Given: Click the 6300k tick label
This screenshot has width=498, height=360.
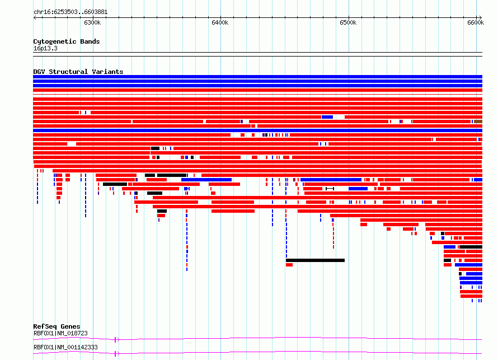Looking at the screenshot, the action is coord(92,22).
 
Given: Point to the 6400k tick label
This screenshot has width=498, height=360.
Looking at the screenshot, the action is coord(220,22).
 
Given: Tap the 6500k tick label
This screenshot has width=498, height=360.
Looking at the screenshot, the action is coord(348,22).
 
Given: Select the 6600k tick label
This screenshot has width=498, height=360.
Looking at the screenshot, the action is coord(476,22).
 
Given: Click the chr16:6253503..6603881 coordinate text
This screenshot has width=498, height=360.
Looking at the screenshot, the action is coord(71,12).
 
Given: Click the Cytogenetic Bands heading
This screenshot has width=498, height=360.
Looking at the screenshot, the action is coord(67,41).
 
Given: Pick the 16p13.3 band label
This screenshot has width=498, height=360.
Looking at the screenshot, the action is coord(45,48).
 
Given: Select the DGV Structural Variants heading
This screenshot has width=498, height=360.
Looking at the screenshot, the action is coord(78,72).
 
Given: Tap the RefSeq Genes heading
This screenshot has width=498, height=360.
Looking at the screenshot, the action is coord(57,326).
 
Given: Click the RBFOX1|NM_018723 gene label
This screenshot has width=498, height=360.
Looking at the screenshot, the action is coord(60,333).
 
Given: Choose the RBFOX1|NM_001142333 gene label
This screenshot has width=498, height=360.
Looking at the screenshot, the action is coord(65,347).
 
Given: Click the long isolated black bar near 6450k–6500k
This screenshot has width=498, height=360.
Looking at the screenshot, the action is coord(315,260).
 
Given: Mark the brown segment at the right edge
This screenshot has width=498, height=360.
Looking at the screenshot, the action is coord(478,121).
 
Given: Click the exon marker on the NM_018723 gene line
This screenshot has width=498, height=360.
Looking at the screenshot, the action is coord(116,340).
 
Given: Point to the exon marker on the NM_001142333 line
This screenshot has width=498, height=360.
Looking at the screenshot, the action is coord(116,354).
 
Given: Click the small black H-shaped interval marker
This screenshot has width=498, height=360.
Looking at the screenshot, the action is coord(330,189).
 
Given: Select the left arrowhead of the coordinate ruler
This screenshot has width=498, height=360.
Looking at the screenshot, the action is coord(35,18).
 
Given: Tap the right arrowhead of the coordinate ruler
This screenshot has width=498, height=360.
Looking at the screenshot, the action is coord(480,18).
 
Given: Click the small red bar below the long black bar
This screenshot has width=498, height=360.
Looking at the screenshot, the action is coord(289,265).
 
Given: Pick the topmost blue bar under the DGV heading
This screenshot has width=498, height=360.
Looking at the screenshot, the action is coord(257,77).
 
